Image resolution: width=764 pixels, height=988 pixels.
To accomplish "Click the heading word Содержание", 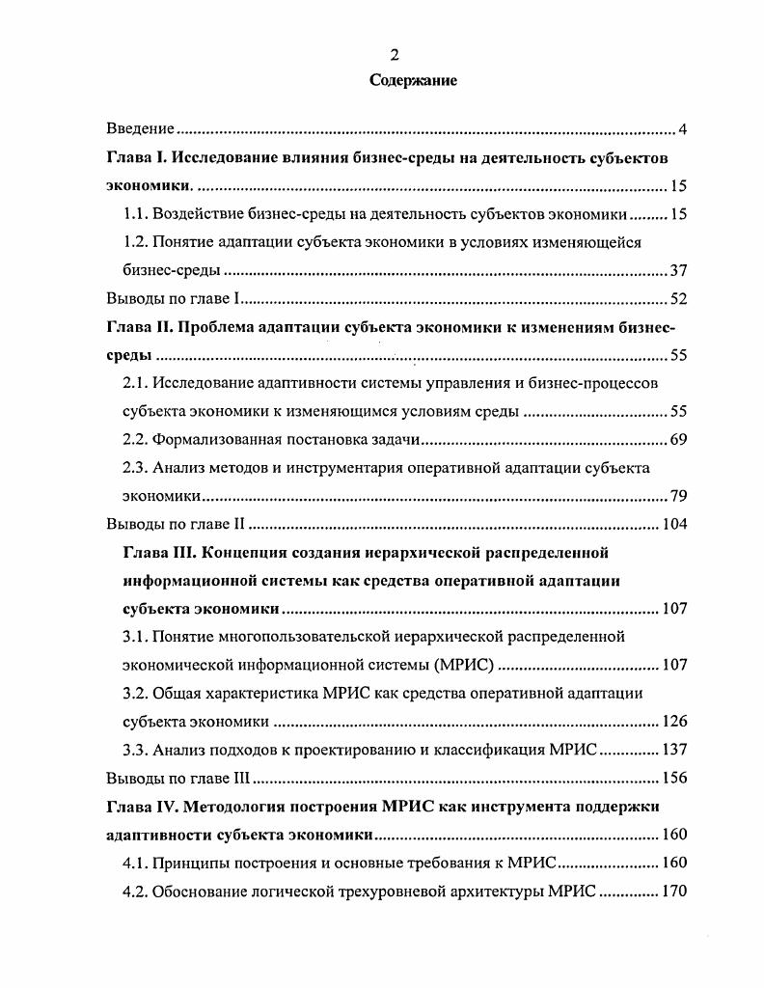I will (414, 81).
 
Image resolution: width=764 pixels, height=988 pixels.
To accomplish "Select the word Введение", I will (139, 128).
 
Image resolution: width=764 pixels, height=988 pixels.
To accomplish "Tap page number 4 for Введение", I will (682, 129).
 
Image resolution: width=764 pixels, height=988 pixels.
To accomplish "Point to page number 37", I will (677, 270).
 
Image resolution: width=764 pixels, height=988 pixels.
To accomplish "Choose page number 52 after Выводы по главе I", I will (677, 299).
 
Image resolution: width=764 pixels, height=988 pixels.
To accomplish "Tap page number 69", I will (677, 441).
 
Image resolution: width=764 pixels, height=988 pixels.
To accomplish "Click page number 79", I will (677, 497).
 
